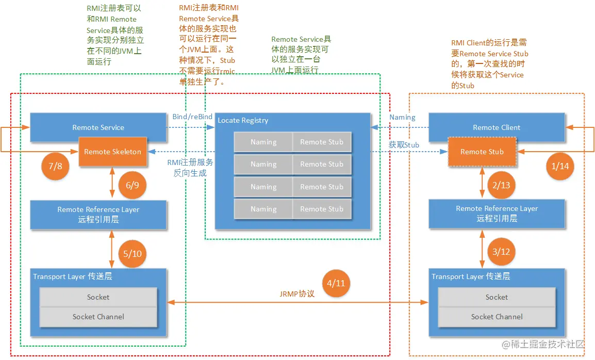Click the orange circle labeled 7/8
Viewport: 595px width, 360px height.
point(55,166)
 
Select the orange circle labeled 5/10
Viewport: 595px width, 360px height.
point(133,253)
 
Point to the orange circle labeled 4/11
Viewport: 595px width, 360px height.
point(336,283)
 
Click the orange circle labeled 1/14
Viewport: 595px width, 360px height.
point(560,166)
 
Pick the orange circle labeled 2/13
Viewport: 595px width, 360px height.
point(501,185)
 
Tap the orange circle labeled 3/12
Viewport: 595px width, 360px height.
point(501,252)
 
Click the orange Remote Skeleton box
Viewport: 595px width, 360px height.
point(112,152)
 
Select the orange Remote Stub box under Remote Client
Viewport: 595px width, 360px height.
point(482,152)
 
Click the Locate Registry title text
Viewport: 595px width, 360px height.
point(243,120)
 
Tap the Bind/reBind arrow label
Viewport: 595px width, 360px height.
point(192,117)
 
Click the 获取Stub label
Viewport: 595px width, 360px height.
point(404,145)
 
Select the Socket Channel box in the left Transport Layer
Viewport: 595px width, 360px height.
point(98,317)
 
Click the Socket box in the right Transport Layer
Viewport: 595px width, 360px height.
point(497,297)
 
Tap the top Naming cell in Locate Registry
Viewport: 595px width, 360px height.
point(263,142)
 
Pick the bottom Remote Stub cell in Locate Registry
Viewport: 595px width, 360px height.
point(322,209)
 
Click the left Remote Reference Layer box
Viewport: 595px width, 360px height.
point(98,215)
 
